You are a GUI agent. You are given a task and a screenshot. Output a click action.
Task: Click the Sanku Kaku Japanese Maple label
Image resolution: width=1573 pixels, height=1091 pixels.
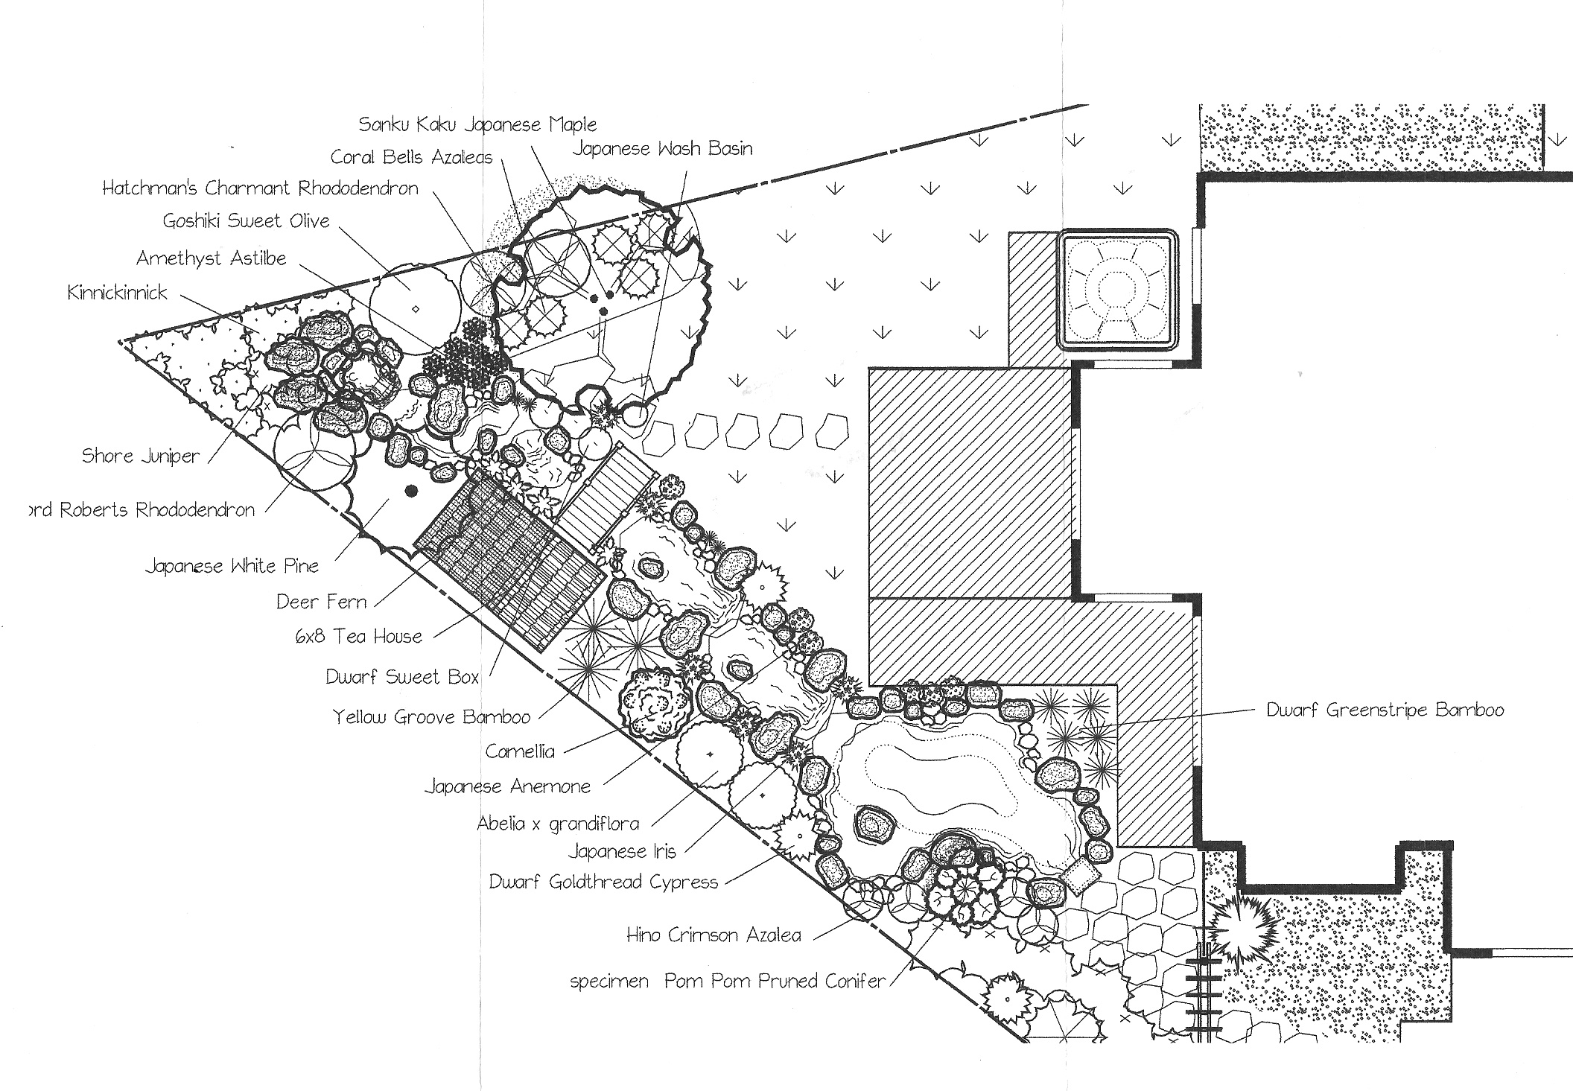point(477,124)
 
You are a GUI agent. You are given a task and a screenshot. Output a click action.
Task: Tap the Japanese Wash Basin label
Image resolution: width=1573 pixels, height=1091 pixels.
point(662,148)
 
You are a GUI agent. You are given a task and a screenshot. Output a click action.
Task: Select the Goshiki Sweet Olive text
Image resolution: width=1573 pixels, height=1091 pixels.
point(246,220)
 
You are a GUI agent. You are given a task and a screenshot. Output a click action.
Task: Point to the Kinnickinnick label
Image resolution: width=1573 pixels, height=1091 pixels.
point(118,292)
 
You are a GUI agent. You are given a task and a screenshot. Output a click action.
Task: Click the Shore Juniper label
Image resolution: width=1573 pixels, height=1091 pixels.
point(141,456)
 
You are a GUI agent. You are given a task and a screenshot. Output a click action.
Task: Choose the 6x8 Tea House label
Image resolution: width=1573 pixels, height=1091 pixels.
point(359,636)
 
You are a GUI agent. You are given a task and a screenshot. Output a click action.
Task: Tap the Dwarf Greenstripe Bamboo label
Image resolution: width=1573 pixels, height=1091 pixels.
point(1385,710)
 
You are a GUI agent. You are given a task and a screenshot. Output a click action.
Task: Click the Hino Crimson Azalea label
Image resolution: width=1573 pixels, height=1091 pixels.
point(714,935)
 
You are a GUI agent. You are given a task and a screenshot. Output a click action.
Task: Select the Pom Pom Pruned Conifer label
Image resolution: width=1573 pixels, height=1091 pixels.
point(775,981)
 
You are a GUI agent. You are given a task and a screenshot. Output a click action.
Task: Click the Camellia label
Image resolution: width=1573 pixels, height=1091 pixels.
point(520,751)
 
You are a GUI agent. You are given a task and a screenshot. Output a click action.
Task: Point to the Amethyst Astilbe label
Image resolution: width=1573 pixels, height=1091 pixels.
point(212,258)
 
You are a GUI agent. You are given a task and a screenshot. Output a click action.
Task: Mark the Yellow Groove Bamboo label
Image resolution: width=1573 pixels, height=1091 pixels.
point(431,716)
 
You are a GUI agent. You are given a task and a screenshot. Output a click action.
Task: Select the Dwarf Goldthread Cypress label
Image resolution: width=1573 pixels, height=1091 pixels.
point(603,882)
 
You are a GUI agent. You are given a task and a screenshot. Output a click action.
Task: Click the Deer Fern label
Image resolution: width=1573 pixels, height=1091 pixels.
point(321,601)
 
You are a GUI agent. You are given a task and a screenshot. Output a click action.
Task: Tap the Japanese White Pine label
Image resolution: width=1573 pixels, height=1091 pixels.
point(232,566)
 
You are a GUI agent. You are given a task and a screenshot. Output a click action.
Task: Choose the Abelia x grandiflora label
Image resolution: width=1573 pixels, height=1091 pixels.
point(558,824)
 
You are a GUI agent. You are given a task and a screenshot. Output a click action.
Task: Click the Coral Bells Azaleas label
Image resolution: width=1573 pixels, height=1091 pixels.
point(412,156)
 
